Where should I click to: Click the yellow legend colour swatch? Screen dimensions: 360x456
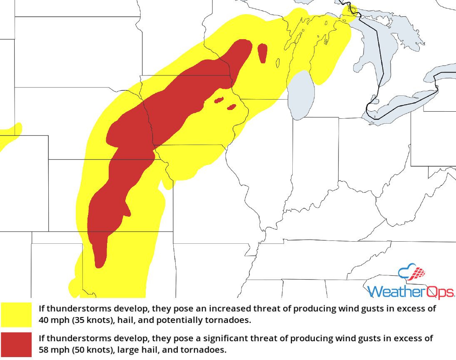pyautogui.click(x=16, y=315)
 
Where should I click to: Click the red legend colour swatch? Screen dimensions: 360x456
pyautogui.click(x=16, y=344)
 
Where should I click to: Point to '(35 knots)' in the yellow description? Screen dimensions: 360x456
pyautogui.click(x=88, y=321)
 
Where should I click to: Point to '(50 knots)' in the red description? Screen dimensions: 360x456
pyautogui.click(x=88, y=350)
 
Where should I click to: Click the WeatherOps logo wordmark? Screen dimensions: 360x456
pyautogui.click(x=411, y=291)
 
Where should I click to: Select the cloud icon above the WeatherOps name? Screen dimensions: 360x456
pyautogui.click(x=412, y=272)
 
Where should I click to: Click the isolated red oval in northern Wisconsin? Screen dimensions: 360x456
pyautogui.click(x=262, y=53)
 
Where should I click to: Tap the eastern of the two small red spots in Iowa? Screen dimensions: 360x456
pyautogui.click(x=232, y=107)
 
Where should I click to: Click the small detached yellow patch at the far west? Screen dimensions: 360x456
pyautogui.click(x=9, y=135)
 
